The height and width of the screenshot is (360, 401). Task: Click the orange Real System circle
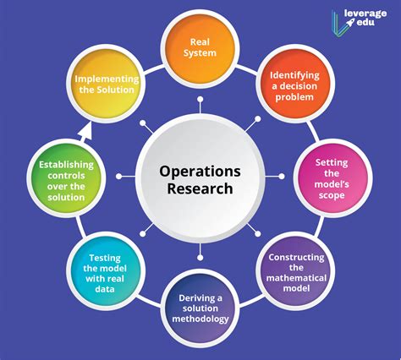coord(200,47)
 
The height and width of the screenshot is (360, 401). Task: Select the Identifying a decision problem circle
coord(295,84)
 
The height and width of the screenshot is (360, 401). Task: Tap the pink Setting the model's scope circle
coord(332,178)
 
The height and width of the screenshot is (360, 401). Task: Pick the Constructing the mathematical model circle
coord(295,271)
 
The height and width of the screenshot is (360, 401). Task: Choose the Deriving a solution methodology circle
coord(200,308)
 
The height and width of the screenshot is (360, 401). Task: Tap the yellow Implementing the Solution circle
coord(106,84)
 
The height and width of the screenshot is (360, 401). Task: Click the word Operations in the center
coord(200,172)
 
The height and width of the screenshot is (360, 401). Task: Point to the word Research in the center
coord(200,188)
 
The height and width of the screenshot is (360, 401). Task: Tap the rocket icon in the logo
coord(350,22)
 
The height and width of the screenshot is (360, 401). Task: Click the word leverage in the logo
coord(365,14)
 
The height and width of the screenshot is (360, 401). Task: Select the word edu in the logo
coord(365,22)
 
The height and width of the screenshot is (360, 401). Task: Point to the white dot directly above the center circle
coord(200,99)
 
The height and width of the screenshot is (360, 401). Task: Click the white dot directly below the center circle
coord(200,258)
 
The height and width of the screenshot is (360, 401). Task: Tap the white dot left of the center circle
coord(119,177)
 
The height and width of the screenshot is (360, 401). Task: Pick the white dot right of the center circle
coord(282,177)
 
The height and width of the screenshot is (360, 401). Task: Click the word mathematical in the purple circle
coord(296,278)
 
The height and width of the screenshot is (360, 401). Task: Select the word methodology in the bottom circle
coord(200,319)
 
